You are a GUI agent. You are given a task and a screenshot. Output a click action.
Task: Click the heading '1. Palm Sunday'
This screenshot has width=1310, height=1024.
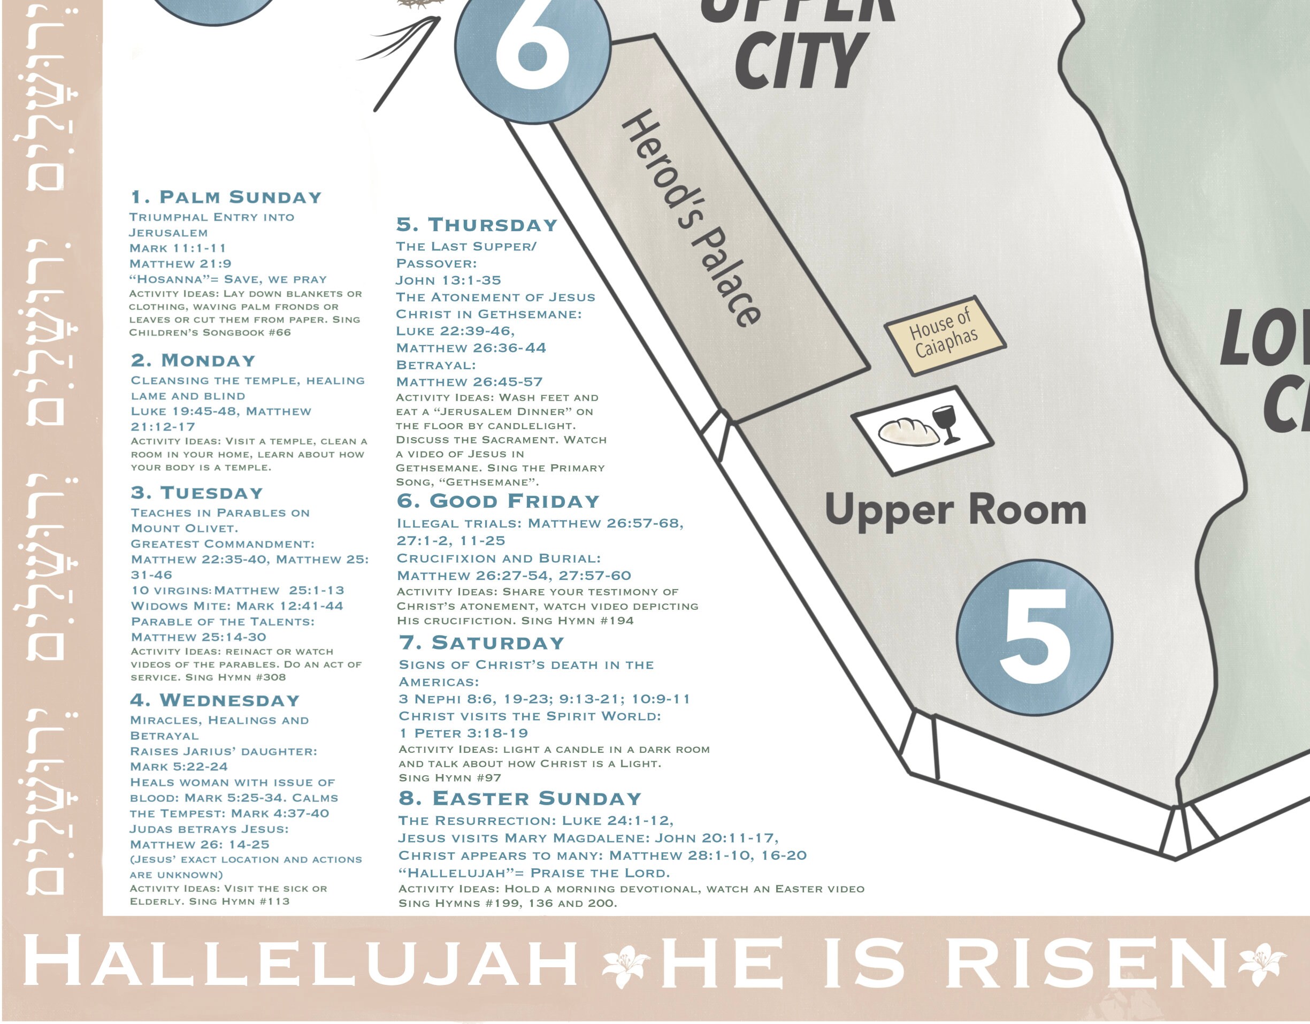pos(226,197)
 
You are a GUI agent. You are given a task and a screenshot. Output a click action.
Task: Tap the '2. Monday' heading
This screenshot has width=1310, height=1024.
pos(193,361)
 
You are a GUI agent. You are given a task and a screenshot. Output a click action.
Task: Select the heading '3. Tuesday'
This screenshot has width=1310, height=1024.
pos(197,493)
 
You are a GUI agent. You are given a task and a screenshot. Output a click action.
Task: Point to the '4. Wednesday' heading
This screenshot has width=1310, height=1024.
pos(214,700)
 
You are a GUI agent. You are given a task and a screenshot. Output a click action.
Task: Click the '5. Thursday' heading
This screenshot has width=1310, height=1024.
pos(477,225)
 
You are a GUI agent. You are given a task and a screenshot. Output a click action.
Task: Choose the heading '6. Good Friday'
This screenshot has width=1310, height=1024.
pos(498,501)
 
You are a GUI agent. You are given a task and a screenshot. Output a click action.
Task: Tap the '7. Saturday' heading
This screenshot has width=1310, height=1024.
pos(481,643)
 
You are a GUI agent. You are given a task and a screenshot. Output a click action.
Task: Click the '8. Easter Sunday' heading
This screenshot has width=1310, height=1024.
pos(520,798)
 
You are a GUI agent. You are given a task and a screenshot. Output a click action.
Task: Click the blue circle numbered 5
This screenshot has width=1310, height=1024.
pos(1034,638)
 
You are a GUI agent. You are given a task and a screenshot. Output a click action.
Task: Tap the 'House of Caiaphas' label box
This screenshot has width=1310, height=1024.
pos(945,336)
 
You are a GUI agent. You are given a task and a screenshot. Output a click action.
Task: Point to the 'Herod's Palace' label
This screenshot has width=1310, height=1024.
pos(693,219)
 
